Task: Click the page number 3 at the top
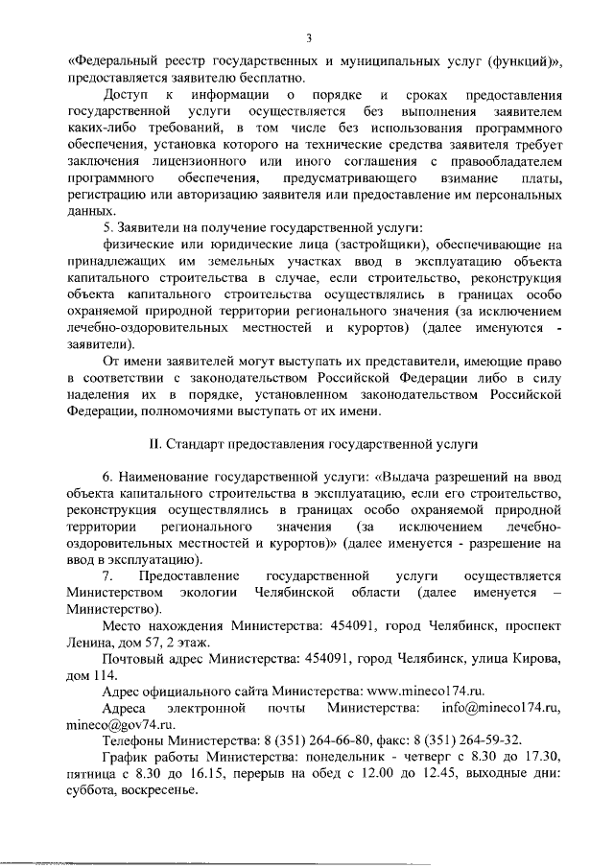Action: coord(308,38)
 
